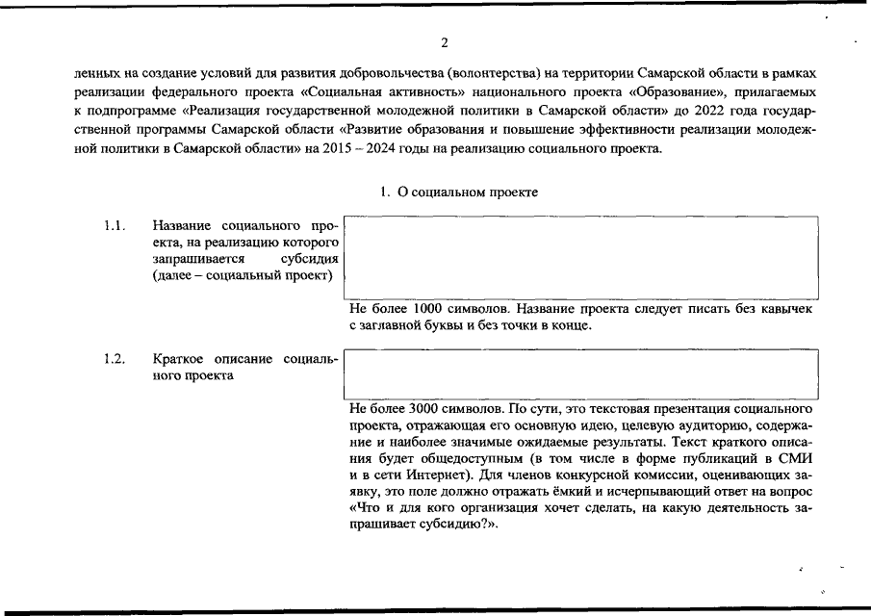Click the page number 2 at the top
coord(444,42)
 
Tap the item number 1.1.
coord(115,226)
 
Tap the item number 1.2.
coord(115,359)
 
